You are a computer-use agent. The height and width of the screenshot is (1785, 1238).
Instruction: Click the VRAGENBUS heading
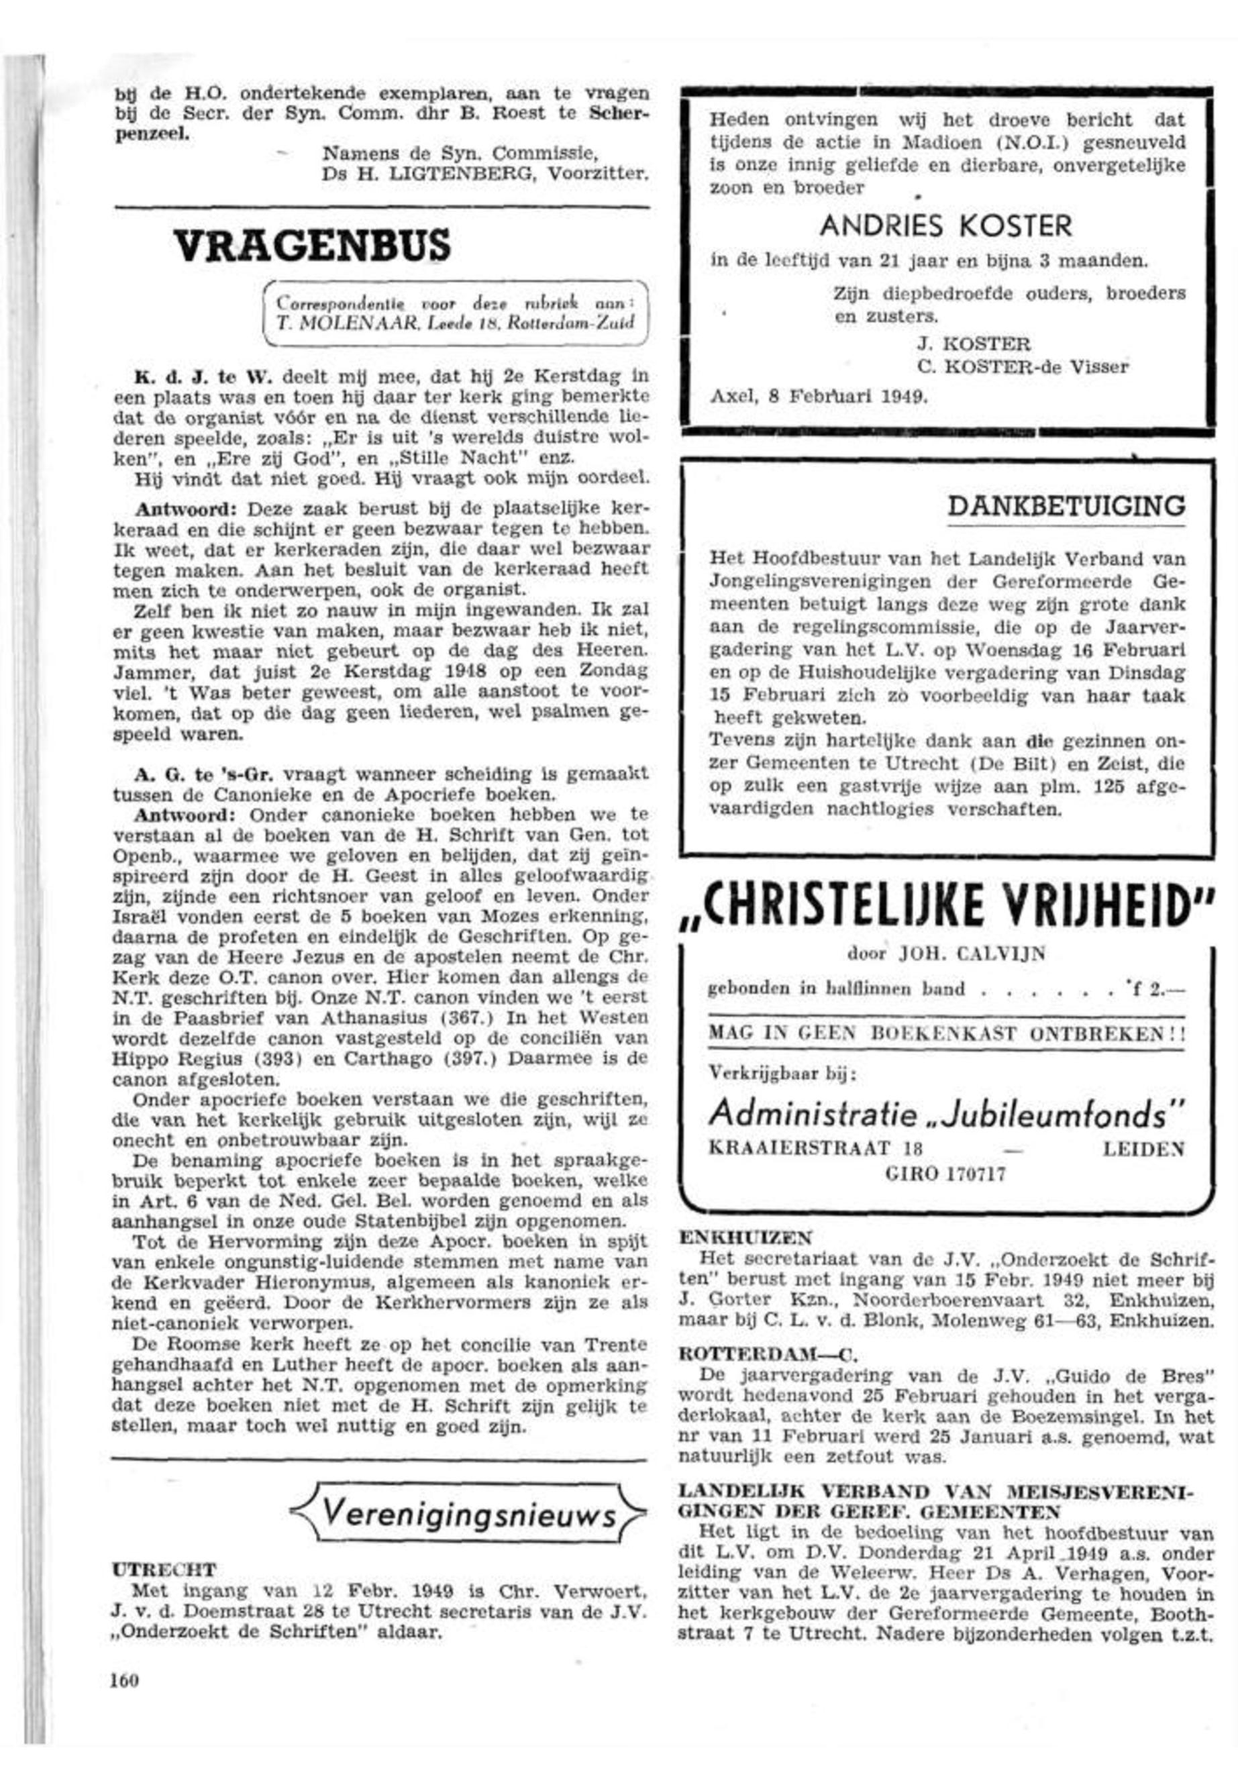(311, 246)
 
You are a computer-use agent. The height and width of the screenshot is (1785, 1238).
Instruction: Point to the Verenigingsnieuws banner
(468, 1513)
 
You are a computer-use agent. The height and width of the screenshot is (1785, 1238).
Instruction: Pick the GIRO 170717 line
(945, 1174)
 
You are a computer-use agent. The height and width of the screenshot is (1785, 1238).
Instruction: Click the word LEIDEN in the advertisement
(1143, 1150)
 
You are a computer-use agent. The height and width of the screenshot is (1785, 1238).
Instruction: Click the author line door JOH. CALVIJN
(946, 954)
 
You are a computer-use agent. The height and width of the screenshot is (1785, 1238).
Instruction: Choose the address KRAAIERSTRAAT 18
(815, 1150)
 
